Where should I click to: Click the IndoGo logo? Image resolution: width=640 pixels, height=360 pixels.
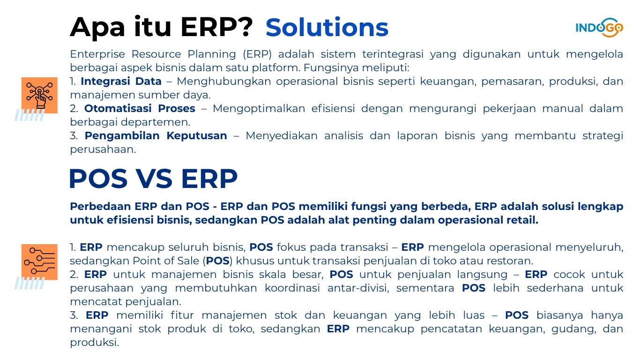click(599, 28)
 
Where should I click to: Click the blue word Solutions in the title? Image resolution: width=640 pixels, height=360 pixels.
click(327, 28)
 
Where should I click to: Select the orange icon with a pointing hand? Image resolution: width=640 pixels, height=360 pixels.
click(39, 95)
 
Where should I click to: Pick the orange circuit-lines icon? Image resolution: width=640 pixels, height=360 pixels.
click(39, 262)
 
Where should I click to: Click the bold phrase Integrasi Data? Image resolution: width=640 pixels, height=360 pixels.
click(121, 81)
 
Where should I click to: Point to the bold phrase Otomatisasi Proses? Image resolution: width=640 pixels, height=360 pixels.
click(140, 108)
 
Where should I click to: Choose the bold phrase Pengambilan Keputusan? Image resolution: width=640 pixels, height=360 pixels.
click(156, 135)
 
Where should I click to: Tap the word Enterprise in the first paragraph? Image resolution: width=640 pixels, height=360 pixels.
click(97, 54)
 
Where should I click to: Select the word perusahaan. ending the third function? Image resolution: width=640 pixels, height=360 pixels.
click(103, 149)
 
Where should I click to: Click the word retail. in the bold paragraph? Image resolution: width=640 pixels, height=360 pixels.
click(522, 220)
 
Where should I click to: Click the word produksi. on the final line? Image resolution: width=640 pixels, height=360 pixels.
click(94, 343)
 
